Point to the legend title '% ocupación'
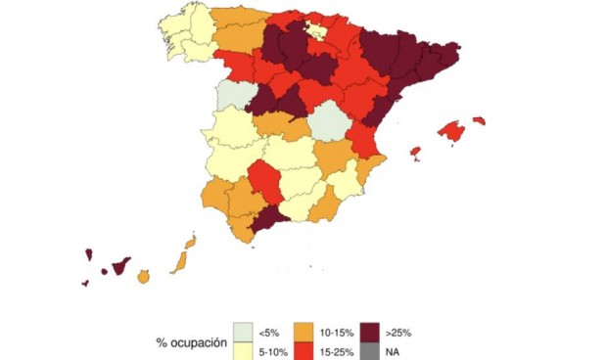[191, 342]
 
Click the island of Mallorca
[450, 130]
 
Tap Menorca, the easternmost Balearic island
[479, 120]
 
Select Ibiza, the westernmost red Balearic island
[415, 153]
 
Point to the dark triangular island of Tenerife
[120, 265]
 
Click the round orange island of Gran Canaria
[144, 277]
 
